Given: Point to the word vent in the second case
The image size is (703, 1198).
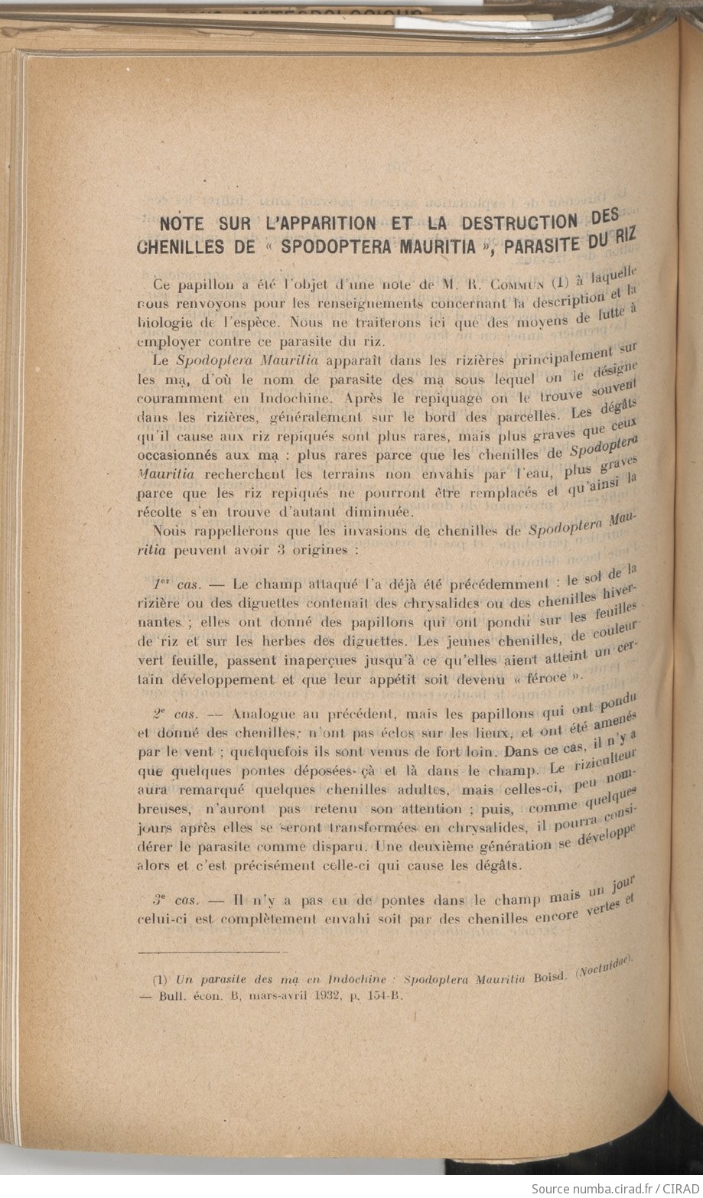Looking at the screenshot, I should tap(200, 751).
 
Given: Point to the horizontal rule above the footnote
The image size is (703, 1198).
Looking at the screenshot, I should tap(211, 951).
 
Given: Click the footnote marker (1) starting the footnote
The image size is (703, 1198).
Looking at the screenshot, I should tap(160, 978).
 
